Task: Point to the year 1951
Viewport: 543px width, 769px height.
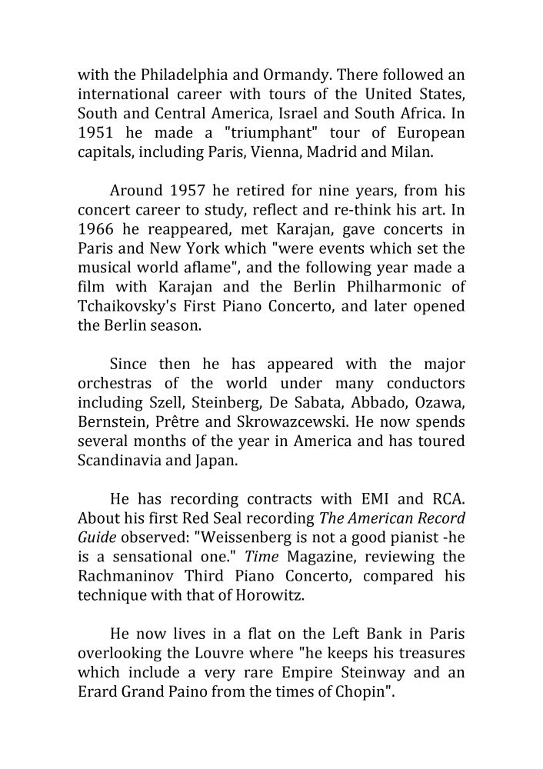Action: point(96,133)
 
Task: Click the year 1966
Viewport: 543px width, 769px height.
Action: point(96,229)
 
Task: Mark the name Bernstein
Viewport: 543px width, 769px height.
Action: point(111,421)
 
